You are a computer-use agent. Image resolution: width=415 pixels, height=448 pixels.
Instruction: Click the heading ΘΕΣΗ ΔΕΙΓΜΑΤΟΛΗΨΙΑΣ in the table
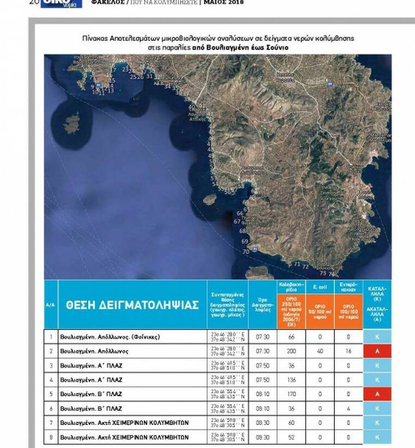tap(132, 305)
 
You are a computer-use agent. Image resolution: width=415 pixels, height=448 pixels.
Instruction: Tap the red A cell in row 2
tap(377, 351)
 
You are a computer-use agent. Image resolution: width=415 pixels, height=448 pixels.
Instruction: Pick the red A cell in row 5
tap(377, 394)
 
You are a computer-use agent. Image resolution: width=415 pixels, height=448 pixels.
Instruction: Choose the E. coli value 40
tap(320, 351)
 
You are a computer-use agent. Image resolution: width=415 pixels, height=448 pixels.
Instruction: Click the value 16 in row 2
tap(348, 351)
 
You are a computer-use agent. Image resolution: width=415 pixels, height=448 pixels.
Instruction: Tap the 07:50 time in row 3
tap(263, 366)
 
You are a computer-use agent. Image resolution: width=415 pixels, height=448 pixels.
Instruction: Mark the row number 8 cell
tap(51, 437)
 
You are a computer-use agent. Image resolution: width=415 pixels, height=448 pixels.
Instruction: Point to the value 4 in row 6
tap(348, 408)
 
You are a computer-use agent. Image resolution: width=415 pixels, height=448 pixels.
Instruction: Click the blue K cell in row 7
tap(377, 423)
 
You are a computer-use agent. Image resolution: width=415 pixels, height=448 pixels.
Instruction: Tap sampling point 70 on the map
tap(245, 252)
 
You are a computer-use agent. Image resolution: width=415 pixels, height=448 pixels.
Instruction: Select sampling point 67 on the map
tap(237, 222)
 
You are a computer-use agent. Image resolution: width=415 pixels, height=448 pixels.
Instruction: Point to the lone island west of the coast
tap(71, 125)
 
